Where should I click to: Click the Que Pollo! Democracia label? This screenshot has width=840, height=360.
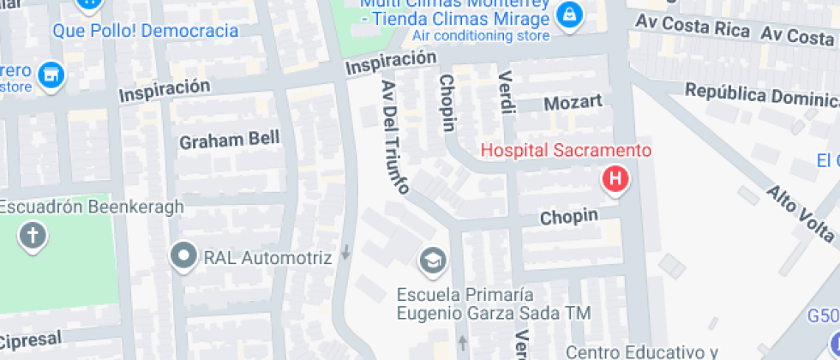tap(145, 31)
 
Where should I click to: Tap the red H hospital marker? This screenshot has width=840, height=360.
tap(615, 179)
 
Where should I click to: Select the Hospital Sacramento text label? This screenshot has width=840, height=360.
tap(566, 151)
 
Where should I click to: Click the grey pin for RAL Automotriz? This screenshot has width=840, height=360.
tap(183, 256)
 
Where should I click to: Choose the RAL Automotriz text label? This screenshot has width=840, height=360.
tap(267, 257)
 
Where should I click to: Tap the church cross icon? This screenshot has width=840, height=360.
tap(33, 235)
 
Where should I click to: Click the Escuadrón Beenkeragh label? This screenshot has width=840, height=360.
tap(92, 207)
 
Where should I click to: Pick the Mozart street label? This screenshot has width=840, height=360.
tap(573, 103)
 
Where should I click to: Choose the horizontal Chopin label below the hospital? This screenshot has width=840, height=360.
tap(568, 218)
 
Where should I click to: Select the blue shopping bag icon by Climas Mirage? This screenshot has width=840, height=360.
tap(567, 15)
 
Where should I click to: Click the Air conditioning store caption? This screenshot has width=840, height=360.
tap(480, 36)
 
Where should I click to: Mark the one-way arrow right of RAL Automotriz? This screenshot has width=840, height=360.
tap(345, 253)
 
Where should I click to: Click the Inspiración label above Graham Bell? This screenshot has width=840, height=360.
tap(165, 89)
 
